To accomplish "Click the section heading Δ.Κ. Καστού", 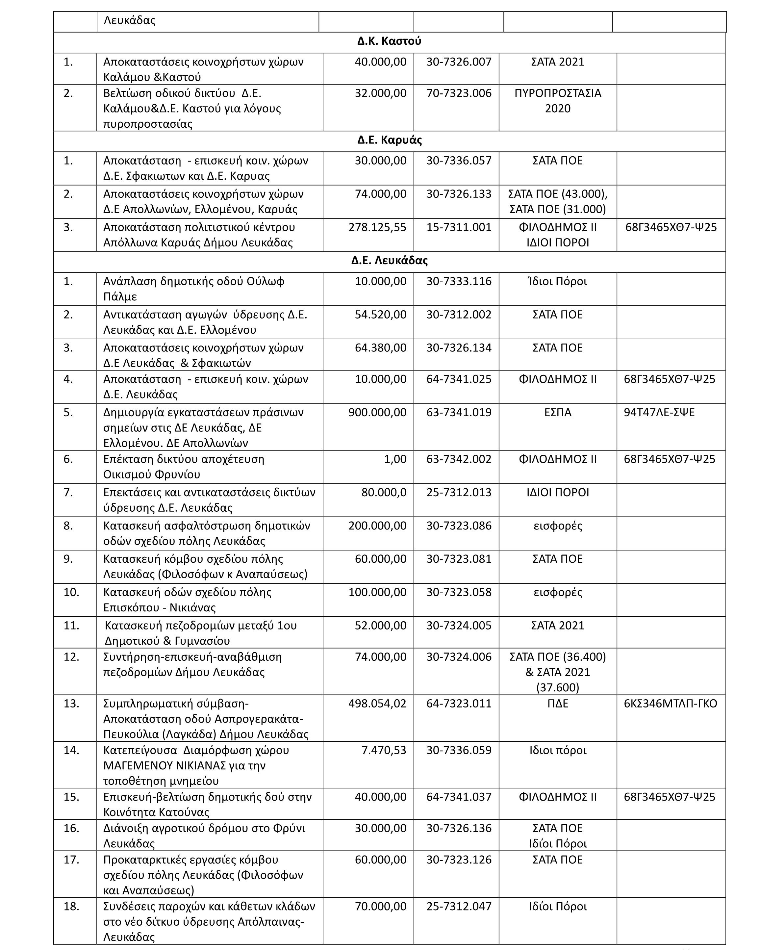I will click(389, 41).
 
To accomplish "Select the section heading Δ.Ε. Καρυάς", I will click(390, 141).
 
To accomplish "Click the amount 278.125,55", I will click(377, 227).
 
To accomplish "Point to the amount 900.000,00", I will click(377, 413).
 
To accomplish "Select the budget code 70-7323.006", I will click(459, 93).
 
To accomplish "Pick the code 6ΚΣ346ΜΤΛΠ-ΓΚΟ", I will click(670, 704).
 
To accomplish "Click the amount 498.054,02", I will click(377, 704).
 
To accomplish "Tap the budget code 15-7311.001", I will click(459, 227).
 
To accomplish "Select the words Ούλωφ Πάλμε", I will click(194, 289).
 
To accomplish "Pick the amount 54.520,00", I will click(381, 315).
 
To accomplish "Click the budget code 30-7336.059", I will click(459, 750).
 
